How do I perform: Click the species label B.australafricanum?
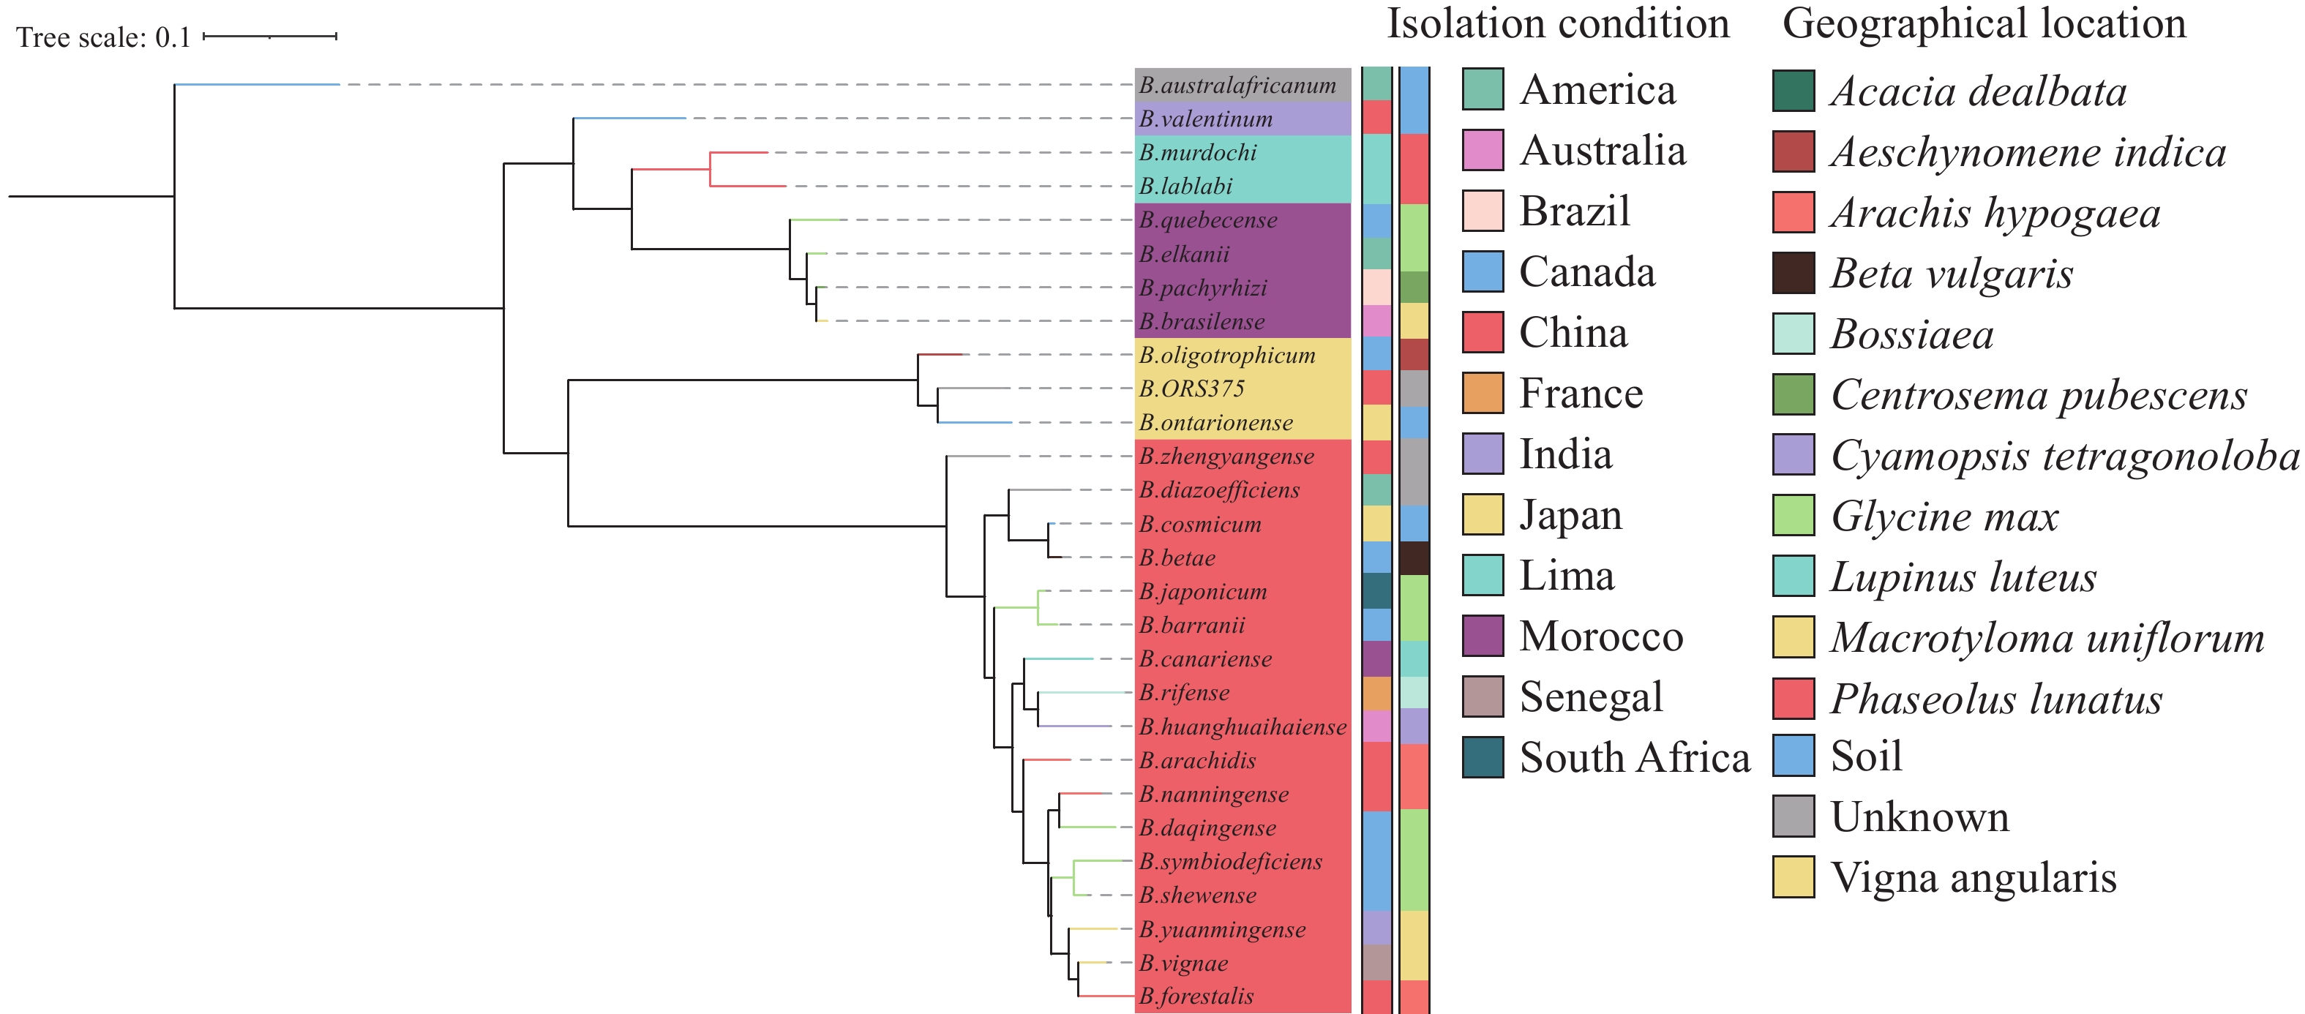pyautogui.click(x=1237, y=85)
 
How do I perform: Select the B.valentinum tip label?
pyautogui.click(x=1205, y=119)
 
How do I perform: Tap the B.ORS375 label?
pyautogui.click(x=1191, y=388)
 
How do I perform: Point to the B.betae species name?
pyautogui.click(x=1177, y=557)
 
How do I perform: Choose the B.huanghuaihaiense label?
pyautogui.click(x=1242, y=726)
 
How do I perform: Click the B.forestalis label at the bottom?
pyautogui.click(x=1196, y=996)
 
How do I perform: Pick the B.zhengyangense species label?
pyautogui.click(x=1226, y=457)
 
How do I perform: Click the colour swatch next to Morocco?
pyautogui.click(x=1483, y=636)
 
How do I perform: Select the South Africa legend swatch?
pyautogui.click(x=1483, y=757)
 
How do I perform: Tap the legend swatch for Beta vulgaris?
pyautogui.click(x=1794, y=273)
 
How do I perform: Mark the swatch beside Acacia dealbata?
pyautogui.click(x=1794, y=91)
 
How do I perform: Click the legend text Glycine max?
pyautogui.click(x=1944, y=517)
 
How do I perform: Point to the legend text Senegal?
pyautogui.click(x=1591, y=697)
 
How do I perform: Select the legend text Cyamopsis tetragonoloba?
pyautogui.click(x=2064, y=456)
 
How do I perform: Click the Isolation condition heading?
pyautogui.click(x=1558, y=23)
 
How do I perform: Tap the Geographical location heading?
pyautogui.click(x=1984, y=23)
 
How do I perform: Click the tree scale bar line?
pyautogui.click(x=269, y=37)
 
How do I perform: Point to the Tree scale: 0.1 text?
pyautogui.click(x=104, y=37)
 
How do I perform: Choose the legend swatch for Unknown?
pyautogui.click(x=1794, y=816)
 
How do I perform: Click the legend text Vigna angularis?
pyautogui.click(x=1973, y=877)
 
